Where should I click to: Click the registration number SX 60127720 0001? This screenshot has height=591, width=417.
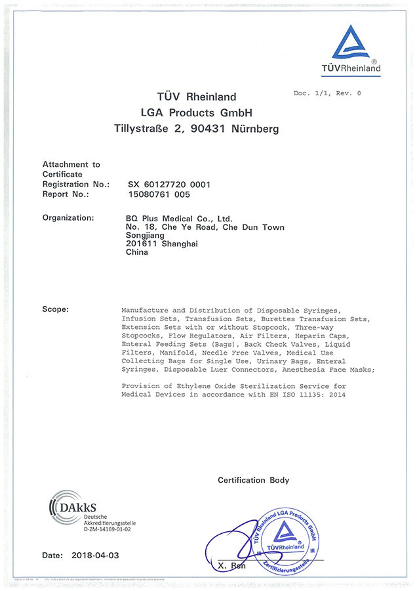click(x=169, y=186)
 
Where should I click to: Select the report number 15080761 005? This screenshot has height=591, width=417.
click(x=159, y=194)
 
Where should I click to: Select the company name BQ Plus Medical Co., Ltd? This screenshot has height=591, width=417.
click(x=178, y=218)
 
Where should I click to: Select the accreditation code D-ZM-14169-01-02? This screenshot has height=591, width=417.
click(x=110, y=529)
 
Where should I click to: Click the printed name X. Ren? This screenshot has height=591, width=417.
click(x=232, y=565)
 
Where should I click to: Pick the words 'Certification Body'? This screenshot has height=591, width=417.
click(x=253, y=480)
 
